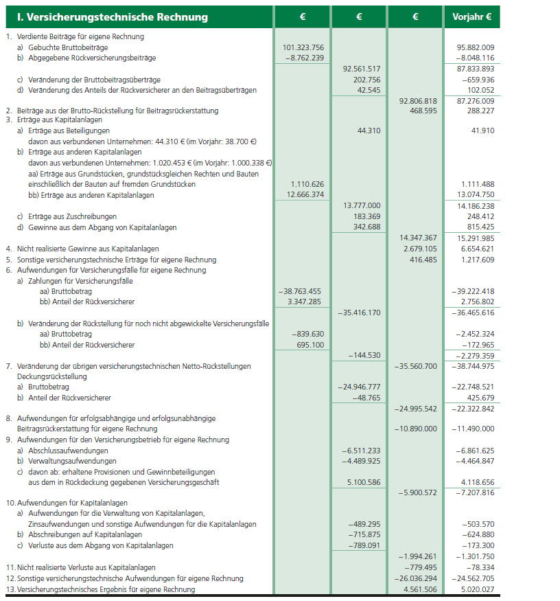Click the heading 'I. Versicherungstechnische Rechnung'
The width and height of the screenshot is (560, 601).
click(x=108, y=17)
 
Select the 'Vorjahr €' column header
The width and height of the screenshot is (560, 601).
click(x=472, y=17)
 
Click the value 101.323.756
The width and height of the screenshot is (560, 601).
click(x=303, y=47)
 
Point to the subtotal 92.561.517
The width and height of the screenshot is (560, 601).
click(x=360, y=69)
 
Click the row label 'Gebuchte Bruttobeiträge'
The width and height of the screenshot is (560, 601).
click(x=68, y=47)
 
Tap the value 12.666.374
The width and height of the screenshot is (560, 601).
click(x=303, y=195)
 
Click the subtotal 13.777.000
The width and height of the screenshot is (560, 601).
click(x=360, y=205)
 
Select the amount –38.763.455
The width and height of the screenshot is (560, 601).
click(x=301, y=291)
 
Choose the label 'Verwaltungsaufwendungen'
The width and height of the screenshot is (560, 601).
click(x=72, y=461)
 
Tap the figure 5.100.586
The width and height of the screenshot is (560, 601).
click(x=360, y=482)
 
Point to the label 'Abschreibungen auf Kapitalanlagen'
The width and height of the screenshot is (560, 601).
click(x=85, y=535)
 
